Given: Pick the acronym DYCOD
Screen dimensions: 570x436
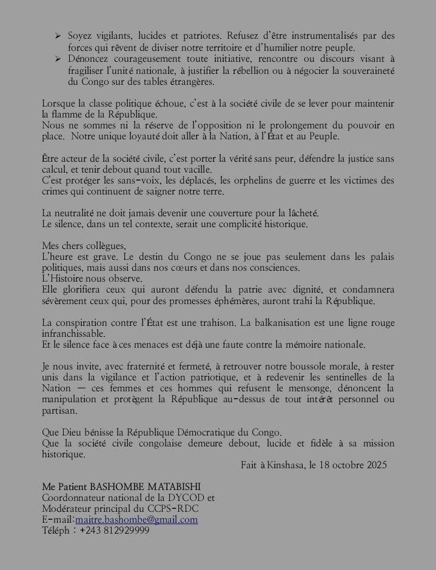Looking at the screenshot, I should point(179,498).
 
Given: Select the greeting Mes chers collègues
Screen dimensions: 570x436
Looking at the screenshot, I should point(84,246).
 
